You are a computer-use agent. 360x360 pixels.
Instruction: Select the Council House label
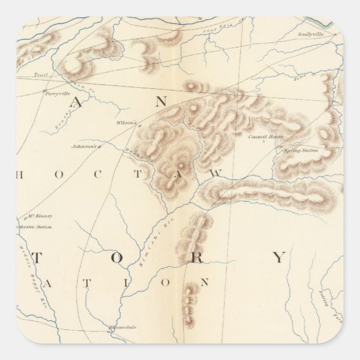[x=266, y=136]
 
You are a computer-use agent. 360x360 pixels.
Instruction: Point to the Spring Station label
[x=300, y=150]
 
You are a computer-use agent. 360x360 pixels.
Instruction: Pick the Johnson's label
[x=84, y=147]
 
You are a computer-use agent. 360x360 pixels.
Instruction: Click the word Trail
[x=39, y=74]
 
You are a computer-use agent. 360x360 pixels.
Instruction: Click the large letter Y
[x=278, y=257]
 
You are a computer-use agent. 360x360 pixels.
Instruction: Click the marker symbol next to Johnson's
[x=100, y=147]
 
